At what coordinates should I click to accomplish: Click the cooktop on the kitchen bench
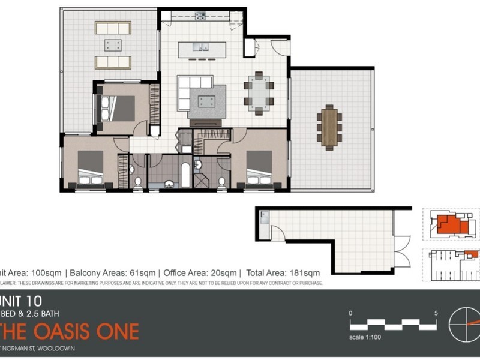(x=199, y=14)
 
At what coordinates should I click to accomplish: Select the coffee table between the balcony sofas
(x=113, y=44)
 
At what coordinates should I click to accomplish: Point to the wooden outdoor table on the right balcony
(x=329, y=126)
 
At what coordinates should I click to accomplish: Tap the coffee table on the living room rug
(x=208, y=99)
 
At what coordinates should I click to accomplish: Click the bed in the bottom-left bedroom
(x=91, y=170)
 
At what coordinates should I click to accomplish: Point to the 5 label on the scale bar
(x=436, y=313)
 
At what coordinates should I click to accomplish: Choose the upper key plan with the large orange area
(x=450, y=224)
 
